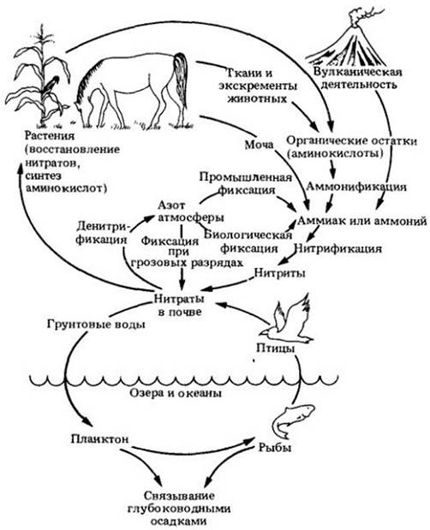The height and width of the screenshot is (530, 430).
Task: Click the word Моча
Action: click(x=259, y=145)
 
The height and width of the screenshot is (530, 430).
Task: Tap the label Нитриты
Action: click(x=279, y=272)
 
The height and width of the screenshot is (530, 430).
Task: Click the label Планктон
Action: click(x=100, y=438)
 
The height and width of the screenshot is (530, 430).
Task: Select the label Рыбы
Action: click(x=275, y=448)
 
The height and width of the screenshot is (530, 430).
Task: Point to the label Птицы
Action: click(x=275, y=348)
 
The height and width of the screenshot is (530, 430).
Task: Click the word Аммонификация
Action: click(x=356, y=187)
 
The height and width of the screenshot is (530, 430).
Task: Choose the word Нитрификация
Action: click(x=338, y=248)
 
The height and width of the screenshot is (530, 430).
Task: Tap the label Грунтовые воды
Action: click(x=96, y=325)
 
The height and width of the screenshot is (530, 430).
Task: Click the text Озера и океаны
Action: click(x=176, y=394)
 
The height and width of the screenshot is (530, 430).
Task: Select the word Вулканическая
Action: click(x=358, y=72)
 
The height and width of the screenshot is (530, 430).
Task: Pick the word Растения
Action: click(x=50, y=136)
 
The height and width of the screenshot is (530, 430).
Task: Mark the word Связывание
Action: click(x=179, y=496)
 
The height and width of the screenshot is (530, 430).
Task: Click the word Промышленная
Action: click(x=246, y=176)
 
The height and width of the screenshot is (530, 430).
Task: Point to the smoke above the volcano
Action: click(x=359, y=18)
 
